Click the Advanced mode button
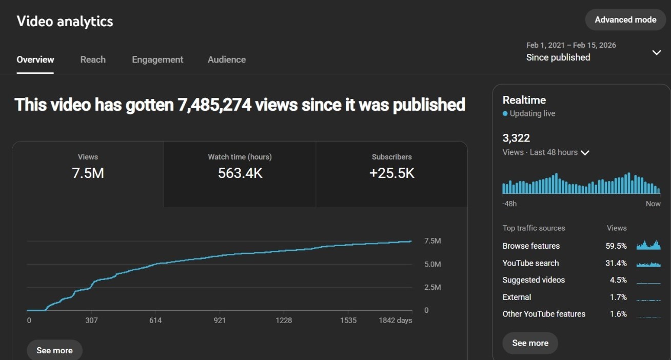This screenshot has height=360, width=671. [625, 20]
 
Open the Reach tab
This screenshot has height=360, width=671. [93, 59]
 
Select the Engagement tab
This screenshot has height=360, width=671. [157, 59]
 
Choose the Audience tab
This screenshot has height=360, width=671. [227, 59]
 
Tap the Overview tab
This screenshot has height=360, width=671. [35, 59]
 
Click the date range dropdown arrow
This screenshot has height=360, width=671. [656, 52]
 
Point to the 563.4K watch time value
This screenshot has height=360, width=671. [240, 173]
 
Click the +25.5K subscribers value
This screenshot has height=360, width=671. [392, 173]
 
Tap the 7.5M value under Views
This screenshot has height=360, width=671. [88, 173]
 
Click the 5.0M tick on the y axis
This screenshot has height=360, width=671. [432, 264]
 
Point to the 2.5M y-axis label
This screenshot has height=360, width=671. [432, 287]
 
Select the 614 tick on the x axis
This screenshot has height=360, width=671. [155, 321]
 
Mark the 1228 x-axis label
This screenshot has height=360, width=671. [284, 321]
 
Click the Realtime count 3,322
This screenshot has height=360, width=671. [516, 138]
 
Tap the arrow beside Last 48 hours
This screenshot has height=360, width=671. [585, 153]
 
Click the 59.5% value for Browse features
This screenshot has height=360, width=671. [616, 246]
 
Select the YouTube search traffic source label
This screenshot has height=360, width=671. [530, 263]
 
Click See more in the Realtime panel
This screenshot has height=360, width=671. [530, 343]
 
